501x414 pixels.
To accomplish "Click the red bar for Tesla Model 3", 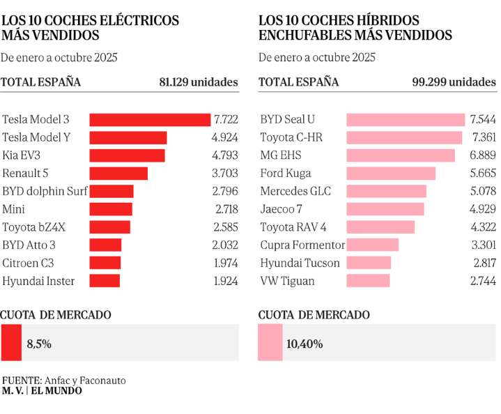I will coord(150,120).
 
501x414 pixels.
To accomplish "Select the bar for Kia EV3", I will coord(128,155).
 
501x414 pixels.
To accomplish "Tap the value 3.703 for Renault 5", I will coord(224,174).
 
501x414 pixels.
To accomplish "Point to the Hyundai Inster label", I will coord(38,282).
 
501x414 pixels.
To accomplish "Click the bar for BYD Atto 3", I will coord(106,245).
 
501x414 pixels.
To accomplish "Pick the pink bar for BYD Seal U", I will coord(406,120).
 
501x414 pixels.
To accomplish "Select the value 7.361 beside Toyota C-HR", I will coord(483,138).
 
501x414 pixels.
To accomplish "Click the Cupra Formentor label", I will coord(302,245).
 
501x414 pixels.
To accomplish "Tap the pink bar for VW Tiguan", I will coord(368,282).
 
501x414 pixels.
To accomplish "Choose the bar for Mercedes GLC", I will coord(386,192).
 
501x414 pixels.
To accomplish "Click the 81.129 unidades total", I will coord(199,82).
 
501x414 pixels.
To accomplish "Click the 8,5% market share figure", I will coord(39,344).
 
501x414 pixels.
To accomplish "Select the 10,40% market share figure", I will coord(305,344).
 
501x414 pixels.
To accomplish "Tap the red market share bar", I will coord(11,343).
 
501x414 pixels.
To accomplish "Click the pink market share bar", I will coord(270,343).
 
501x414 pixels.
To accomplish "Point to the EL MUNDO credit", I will coord(56,392).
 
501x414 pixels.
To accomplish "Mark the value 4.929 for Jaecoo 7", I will coord(483,210).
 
